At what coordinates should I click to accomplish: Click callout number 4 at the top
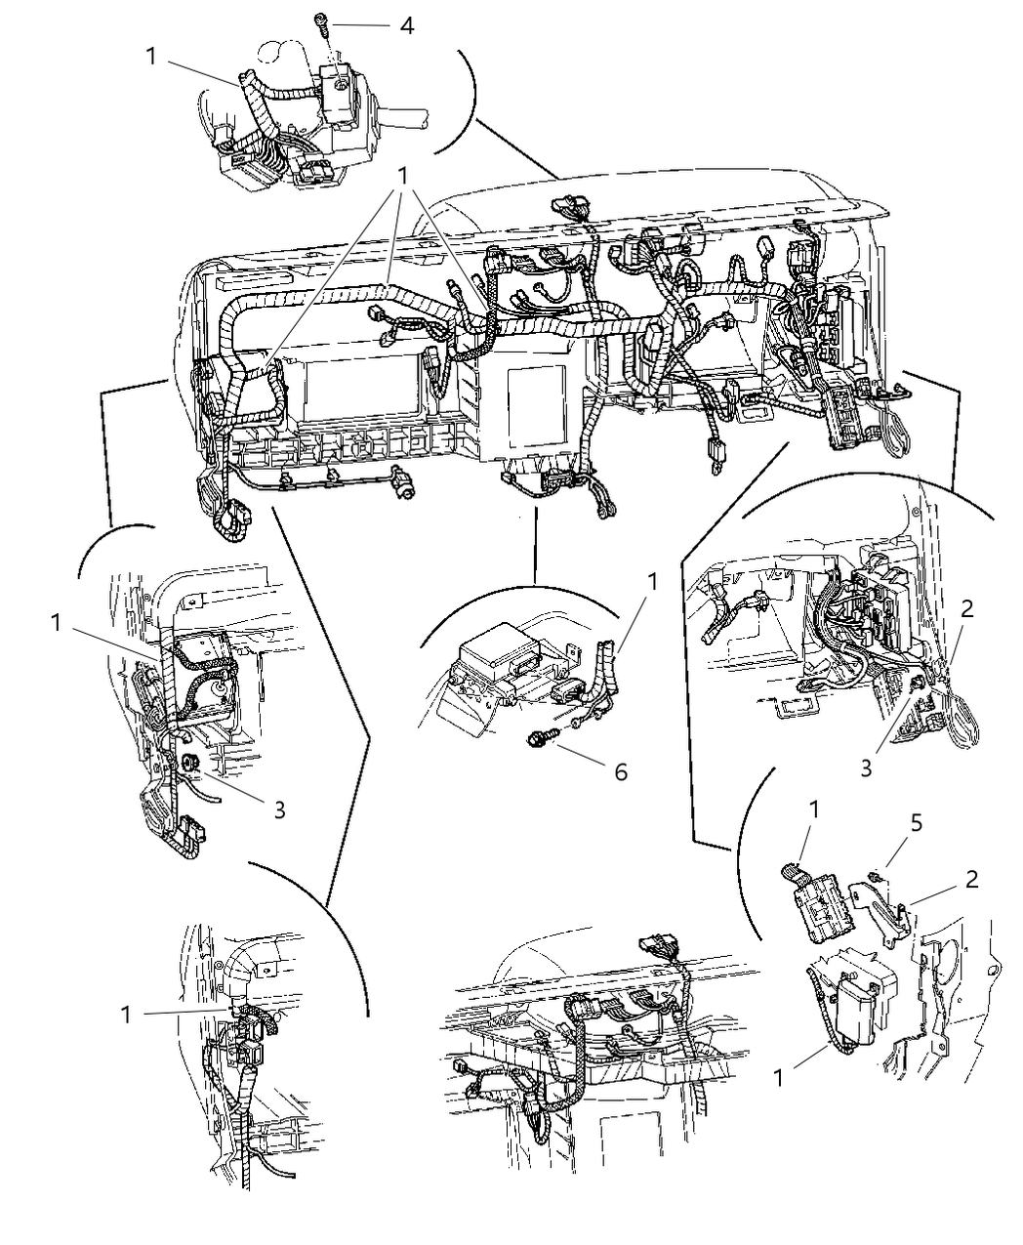click(x=406, y=24)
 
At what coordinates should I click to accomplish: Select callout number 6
click(x=621, y=771)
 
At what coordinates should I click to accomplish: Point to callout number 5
click(x=916, y=822)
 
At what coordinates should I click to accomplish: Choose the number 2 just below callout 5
click(x=971, y=878)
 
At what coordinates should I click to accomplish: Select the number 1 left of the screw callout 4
click(x=151, y=56)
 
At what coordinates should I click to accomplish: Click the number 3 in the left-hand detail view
click(x=279, y=809)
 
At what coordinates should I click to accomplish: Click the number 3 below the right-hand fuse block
click(x=867, y=768)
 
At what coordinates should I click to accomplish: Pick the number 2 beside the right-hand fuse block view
click(x=966, y=609)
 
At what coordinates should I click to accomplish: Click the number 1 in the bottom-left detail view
click(x=126, y=1015)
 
